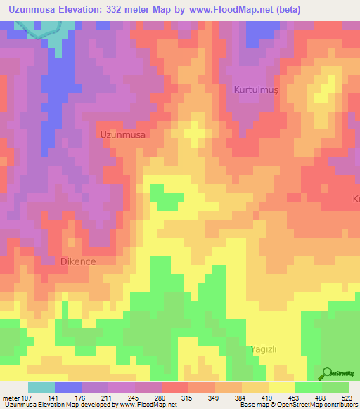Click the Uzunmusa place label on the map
(x=124, y=134)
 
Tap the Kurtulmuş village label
(x=257, y=90)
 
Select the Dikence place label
(x=77, y=261)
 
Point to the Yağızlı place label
(x=268, y=349)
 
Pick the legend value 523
(x=349, y=397)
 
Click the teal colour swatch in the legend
(x=41, y=387)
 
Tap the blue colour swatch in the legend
(x=67, y=387)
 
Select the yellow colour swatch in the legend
(x=281, y=387)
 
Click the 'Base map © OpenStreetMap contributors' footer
(x=297, y=405)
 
